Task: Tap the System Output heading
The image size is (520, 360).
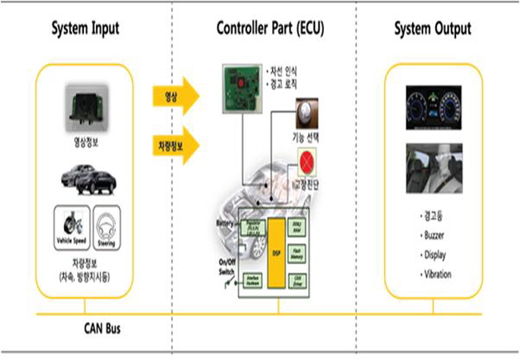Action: click(433, 30)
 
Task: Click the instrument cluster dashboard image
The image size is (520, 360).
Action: click(433, 109)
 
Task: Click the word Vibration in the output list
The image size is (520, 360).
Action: click(438, 274)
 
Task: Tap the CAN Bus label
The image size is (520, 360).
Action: click(104, 327)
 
